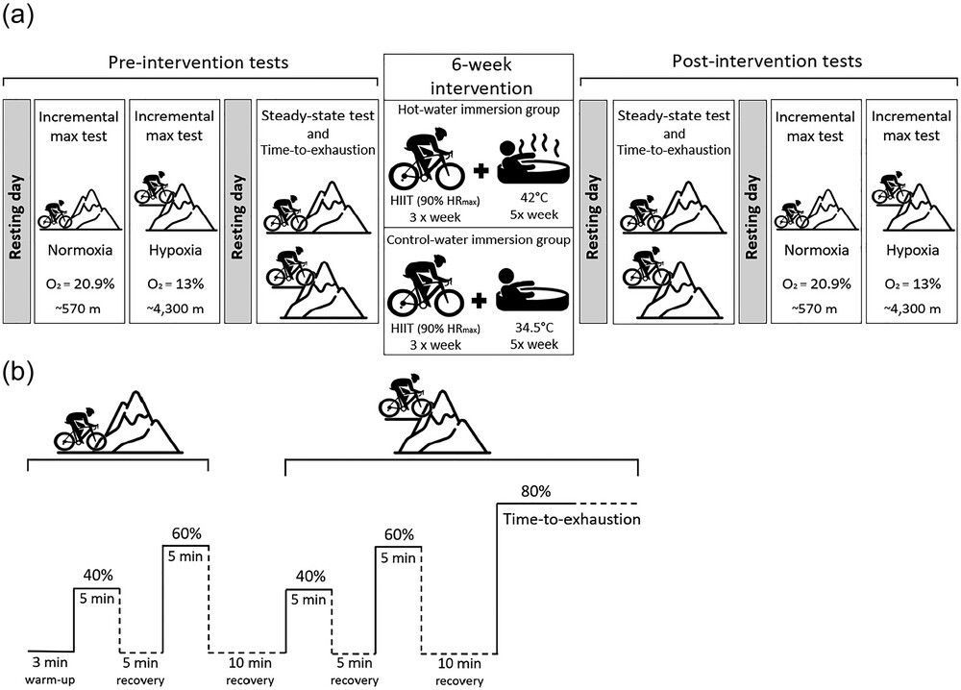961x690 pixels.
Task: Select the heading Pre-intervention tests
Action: pyautogui.click(x=197, y=62)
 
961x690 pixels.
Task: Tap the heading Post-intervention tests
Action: pyautogui.click(x=765, y=62)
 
